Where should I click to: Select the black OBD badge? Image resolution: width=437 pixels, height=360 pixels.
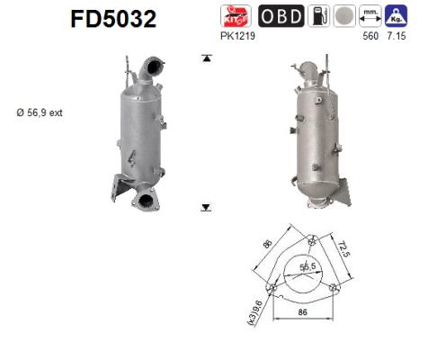click(281, 16)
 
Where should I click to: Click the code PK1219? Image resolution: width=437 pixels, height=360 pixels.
click(236, 40)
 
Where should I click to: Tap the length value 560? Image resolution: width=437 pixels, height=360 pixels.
click(369, 40)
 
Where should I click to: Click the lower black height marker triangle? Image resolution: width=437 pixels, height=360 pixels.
click(207, 207)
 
